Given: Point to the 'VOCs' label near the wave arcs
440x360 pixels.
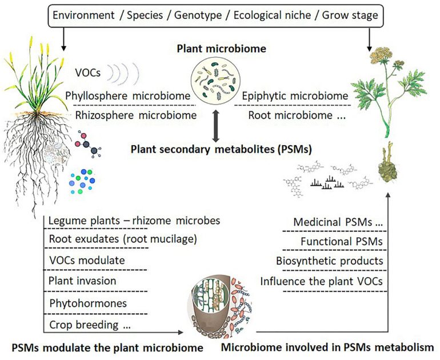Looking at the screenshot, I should (x=89, y=73).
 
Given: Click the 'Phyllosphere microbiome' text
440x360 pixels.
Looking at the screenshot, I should (x=127, y=95).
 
